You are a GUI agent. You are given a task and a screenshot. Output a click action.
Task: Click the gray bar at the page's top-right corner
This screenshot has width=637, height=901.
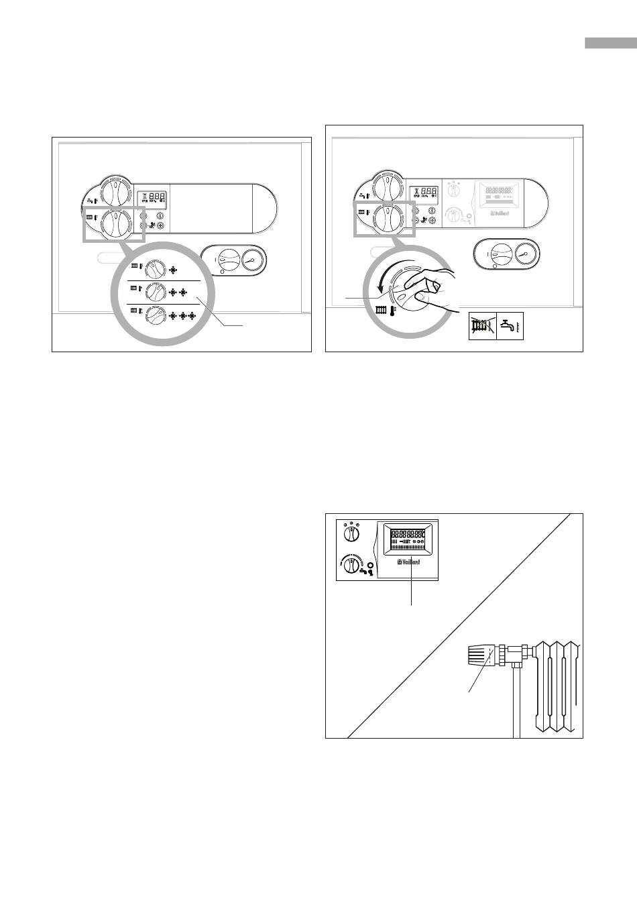coord(610,43)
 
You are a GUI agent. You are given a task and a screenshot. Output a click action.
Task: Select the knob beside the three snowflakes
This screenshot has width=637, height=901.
coord(156,315)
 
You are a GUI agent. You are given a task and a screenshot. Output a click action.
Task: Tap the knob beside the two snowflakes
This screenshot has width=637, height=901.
coord(156,293)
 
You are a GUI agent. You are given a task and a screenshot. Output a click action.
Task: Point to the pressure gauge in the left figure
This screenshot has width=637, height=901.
coord(252,260)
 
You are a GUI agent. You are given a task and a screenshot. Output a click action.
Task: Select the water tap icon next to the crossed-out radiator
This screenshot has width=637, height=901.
coord(510,327)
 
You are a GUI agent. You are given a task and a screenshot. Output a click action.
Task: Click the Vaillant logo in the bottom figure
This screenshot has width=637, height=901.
coord(409,562)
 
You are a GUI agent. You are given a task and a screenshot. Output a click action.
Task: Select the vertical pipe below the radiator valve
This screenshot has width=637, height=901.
coord(517,704)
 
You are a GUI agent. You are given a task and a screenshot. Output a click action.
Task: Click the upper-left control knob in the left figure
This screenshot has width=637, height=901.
coord(116,192)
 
